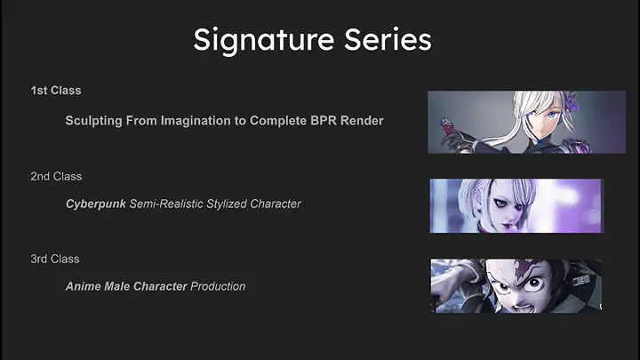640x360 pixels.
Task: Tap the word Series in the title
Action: coord(388,41)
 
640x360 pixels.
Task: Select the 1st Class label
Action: coord(55,91)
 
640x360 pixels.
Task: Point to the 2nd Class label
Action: coord(55,176)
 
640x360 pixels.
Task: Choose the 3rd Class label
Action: coord(55,259)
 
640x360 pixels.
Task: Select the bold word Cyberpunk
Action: coord(95,204)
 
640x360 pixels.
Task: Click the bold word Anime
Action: coord(84,286)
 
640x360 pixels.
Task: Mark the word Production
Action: coord(218,286)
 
